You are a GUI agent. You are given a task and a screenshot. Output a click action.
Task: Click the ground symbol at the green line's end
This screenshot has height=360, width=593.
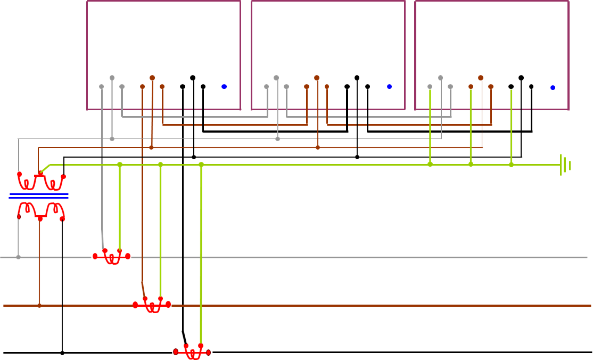(565, 165)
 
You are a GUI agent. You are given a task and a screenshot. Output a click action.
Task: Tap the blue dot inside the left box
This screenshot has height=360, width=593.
(224, 87)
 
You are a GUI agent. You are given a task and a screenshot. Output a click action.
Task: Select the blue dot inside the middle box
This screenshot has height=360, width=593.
(389, 87)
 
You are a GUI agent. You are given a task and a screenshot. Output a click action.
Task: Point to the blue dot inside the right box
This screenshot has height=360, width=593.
(553, 87)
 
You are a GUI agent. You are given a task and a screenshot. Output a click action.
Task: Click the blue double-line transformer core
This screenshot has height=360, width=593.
(39, 197)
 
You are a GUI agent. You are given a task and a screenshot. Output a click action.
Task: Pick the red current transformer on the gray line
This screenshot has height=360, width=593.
(112, 257)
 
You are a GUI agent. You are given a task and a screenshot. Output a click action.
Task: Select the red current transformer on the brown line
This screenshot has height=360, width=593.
(152, 305)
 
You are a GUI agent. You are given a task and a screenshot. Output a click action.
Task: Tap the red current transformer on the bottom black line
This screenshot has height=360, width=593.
(192, 352)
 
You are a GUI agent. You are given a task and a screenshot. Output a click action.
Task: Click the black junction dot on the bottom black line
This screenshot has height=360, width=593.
(62, 353)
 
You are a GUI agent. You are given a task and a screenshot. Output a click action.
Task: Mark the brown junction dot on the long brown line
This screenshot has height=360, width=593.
(39, 306)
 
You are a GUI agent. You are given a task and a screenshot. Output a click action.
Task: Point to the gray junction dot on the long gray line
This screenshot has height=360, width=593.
(18, 257)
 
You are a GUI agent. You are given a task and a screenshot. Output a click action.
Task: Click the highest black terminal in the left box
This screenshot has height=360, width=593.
(193, 78)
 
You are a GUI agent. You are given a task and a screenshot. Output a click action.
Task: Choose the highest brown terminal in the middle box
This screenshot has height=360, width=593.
(317, 78)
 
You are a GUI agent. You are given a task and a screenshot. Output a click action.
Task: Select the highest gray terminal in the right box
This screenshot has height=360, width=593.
(440, 78)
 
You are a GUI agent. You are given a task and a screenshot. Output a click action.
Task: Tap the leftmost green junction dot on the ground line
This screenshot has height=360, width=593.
(120, 165)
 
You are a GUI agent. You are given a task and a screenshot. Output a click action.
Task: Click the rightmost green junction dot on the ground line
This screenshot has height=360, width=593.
(512, 165)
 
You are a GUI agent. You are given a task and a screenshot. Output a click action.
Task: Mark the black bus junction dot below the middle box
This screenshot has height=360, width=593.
(357, 157)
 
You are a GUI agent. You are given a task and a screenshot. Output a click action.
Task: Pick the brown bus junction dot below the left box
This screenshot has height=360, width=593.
(151, 147)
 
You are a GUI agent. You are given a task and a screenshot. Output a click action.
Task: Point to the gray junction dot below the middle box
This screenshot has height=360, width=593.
(277, 139)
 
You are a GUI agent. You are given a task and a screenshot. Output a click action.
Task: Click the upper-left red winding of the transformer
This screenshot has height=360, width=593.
(26, 182)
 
